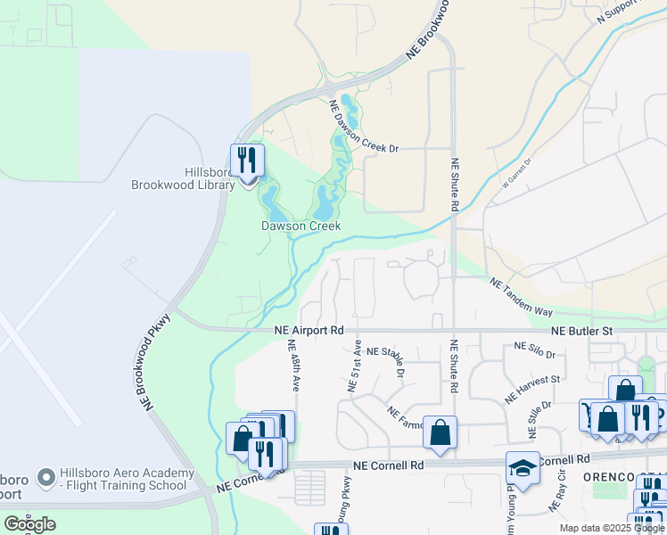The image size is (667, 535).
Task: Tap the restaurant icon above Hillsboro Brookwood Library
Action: tap(247, 161)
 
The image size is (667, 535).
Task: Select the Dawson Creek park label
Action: tap(301, 226)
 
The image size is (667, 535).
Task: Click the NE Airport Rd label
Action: tap(309, 330)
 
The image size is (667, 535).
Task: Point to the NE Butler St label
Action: tap(582, 331)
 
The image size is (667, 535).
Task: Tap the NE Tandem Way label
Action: tap(522, 297)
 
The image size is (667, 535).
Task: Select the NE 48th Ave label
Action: tap(293, 365)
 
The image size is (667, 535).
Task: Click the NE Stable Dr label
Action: tap(385, 359)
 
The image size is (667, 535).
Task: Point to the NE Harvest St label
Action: tap(531, 390)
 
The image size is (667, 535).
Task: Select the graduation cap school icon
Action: tap(523, 468)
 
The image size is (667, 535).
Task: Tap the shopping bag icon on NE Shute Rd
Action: tap(440, 432)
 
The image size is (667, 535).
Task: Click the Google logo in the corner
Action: tap(29, 524)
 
